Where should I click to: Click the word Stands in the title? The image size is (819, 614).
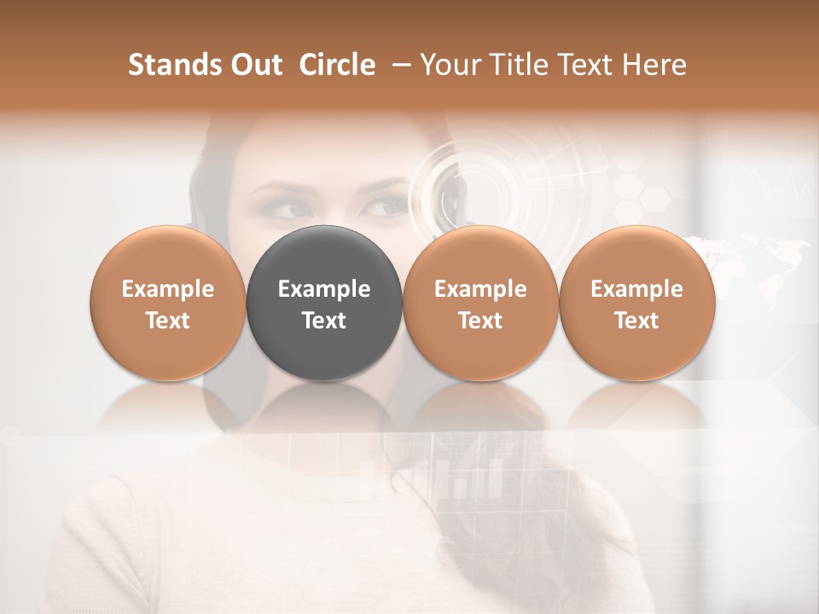(x=171, y=66)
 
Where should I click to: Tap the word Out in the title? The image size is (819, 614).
(x=253, y=66)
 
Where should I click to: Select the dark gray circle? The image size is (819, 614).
(x=324, y=304)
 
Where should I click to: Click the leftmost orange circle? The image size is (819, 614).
(x=168, y=304)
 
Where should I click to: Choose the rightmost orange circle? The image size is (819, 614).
(x=637, y=304)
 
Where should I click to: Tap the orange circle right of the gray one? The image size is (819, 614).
(x=480, y=304)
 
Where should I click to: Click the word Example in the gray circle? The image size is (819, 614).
(x=324, y=289)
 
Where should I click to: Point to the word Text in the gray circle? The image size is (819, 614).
(x=324, y=321)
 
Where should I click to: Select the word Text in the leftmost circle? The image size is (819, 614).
(x=168, y=321)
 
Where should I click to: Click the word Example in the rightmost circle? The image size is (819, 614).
(x=637, y=289)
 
